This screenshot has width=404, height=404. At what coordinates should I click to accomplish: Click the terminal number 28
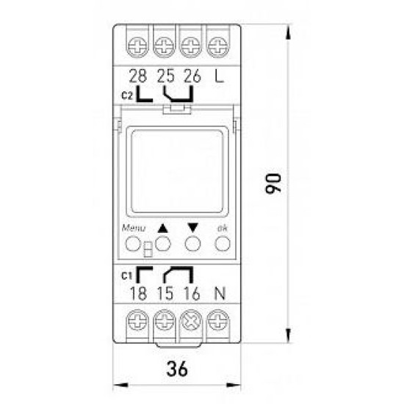click(x=138, y=76)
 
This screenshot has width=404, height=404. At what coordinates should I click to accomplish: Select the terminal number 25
click(x=166, y=76)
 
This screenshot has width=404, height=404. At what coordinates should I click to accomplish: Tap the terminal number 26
click(x=192, y=76)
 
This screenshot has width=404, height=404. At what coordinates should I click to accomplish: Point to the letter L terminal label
click(x=220, y=76)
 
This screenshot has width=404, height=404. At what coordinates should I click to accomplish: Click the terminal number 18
click(x=138, y=294)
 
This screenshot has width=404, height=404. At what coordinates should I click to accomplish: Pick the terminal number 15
click(x=165, y=294)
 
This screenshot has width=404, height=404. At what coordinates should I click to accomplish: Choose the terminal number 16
click(x=192, y=294)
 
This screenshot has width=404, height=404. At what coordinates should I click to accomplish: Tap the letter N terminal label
click(x=220, y=294)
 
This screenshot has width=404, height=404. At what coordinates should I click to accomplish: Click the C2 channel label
click(x=127, y=95)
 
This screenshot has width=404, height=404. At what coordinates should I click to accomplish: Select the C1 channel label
click(x=127, y=276)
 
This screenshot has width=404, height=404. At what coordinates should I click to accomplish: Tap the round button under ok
click(x=223, y=244)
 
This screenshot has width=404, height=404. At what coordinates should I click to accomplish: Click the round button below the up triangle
click(x=163, y=244)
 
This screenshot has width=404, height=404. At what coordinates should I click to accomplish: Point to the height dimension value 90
click(x=273, y=184)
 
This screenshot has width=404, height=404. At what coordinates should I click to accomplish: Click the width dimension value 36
click(x=177, y=369)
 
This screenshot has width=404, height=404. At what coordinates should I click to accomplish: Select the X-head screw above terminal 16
click(x=191, y=321)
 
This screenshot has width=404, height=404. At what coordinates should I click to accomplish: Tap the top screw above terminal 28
click(x=138, y=47)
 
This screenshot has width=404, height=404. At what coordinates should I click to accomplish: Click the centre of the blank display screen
click(x=177, y=171)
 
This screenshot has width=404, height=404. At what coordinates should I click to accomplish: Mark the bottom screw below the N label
click(x=218, y=320)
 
